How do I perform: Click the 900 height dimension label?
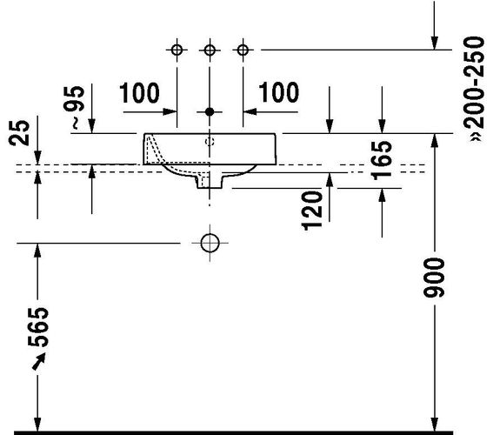434,278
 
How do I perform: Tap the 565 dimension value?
38,327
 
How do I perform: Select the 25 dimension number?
19,133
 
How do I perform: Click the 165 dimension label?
382,160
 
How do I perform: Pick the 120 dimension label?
312,211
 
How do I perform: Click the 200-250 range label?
474,89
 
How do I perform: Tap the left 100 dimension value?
139,93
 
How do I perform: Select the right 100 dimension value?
278,92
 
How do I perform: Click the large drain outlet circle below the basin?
210,243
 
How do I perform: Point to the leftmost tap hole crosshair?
177,50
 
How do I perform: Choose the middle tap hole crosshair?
210,50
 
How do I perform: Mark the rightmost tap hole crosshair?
243,50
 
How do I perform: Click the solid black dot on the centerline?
210,111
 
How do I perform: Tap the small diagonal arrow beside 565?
39,361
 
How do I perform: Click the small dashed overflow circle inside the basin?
210,142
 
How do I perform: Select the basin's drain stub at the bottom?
210,182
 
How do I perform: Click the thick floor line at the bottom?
233,432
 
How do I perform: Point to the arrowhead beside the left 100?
170,111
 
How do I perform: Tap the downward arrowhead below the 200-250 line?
435,43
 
